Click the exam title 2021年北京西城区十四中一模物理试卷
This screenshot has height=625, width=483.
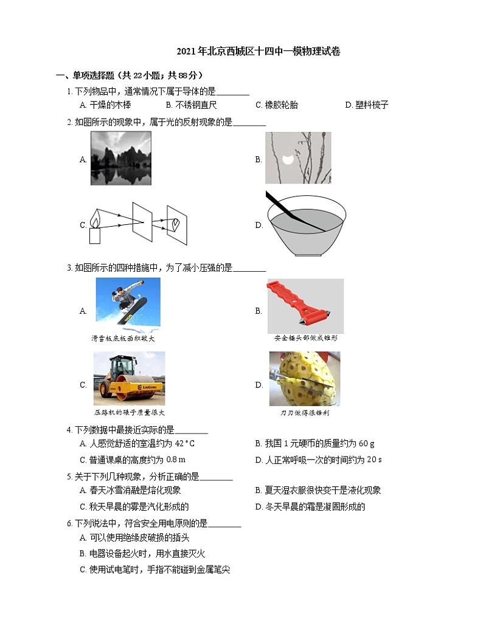pos(258,52)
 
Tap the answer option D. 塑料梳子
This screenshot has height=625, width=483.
pos(366,105)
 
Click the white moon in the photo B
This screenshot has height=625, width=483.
pos(287,160)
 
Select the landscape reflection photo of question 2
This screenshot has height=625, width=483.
pos(120,158)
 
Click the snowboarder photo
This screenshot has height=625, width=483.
pos(128,302)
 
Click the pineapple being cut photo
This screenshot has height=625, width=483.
pos(305,378)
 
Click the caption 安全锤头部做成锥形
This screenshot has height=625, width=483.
pos(305,337)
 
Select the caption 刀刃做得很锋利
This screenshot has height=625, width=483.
pos(305,413)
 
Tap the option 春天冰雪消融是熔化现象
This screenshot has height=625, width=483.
pos(130,490)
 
